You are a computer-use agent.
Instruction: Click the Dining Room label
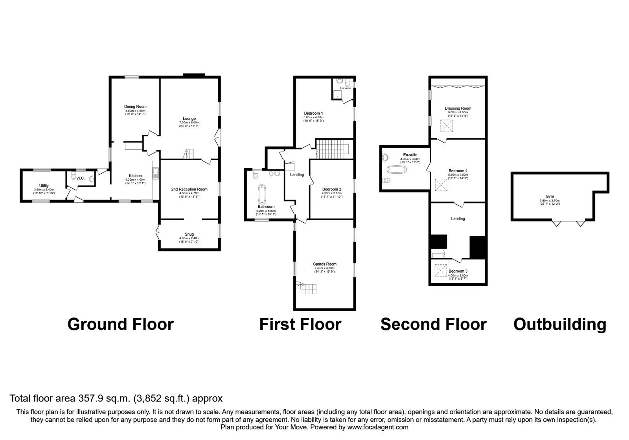coord(135,106)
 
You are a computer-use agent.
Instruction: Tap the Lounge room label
coord(189,119)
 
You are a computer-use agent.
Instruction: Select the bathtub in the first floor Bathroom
coord(262,194)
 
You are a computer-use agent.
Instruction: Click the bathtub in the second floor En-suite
coord(396,170)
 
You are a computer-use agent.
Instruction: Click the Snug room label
coord(189,234)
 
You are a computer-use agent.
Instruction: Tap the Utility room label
coord(44,185)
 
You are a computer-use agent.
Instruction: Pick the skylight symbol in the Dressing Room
coord(447,126)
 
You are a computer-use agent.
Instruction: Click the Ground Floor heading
coord(120,324)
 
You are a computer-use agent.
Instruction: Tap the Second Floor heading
coord(433,324)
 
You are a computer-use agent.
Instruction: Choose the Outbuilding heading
coord(560,324)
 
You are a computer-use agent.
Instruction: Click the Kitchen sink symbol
coord(156,172)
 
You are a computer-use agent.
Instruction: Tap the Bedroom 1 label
coord(313,113)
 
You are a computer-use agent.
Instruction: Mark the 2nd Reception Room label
coord(189,189)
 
